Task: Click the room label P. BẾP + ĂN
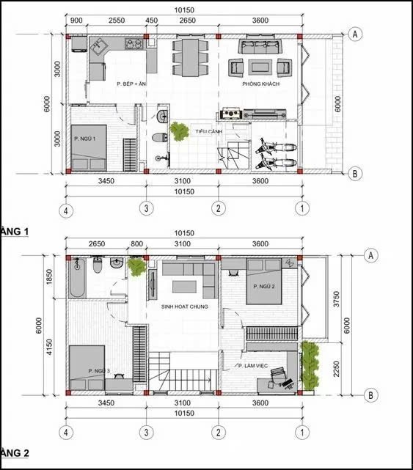[x=132, y=85]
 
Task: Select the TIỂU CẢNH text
[x=208, y=131]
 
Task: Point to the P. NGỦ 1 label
[x=86, y=137]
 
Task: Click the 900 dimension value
[x=76, y=21]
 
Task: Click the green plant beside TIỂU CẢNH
[x=178, y=132]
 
